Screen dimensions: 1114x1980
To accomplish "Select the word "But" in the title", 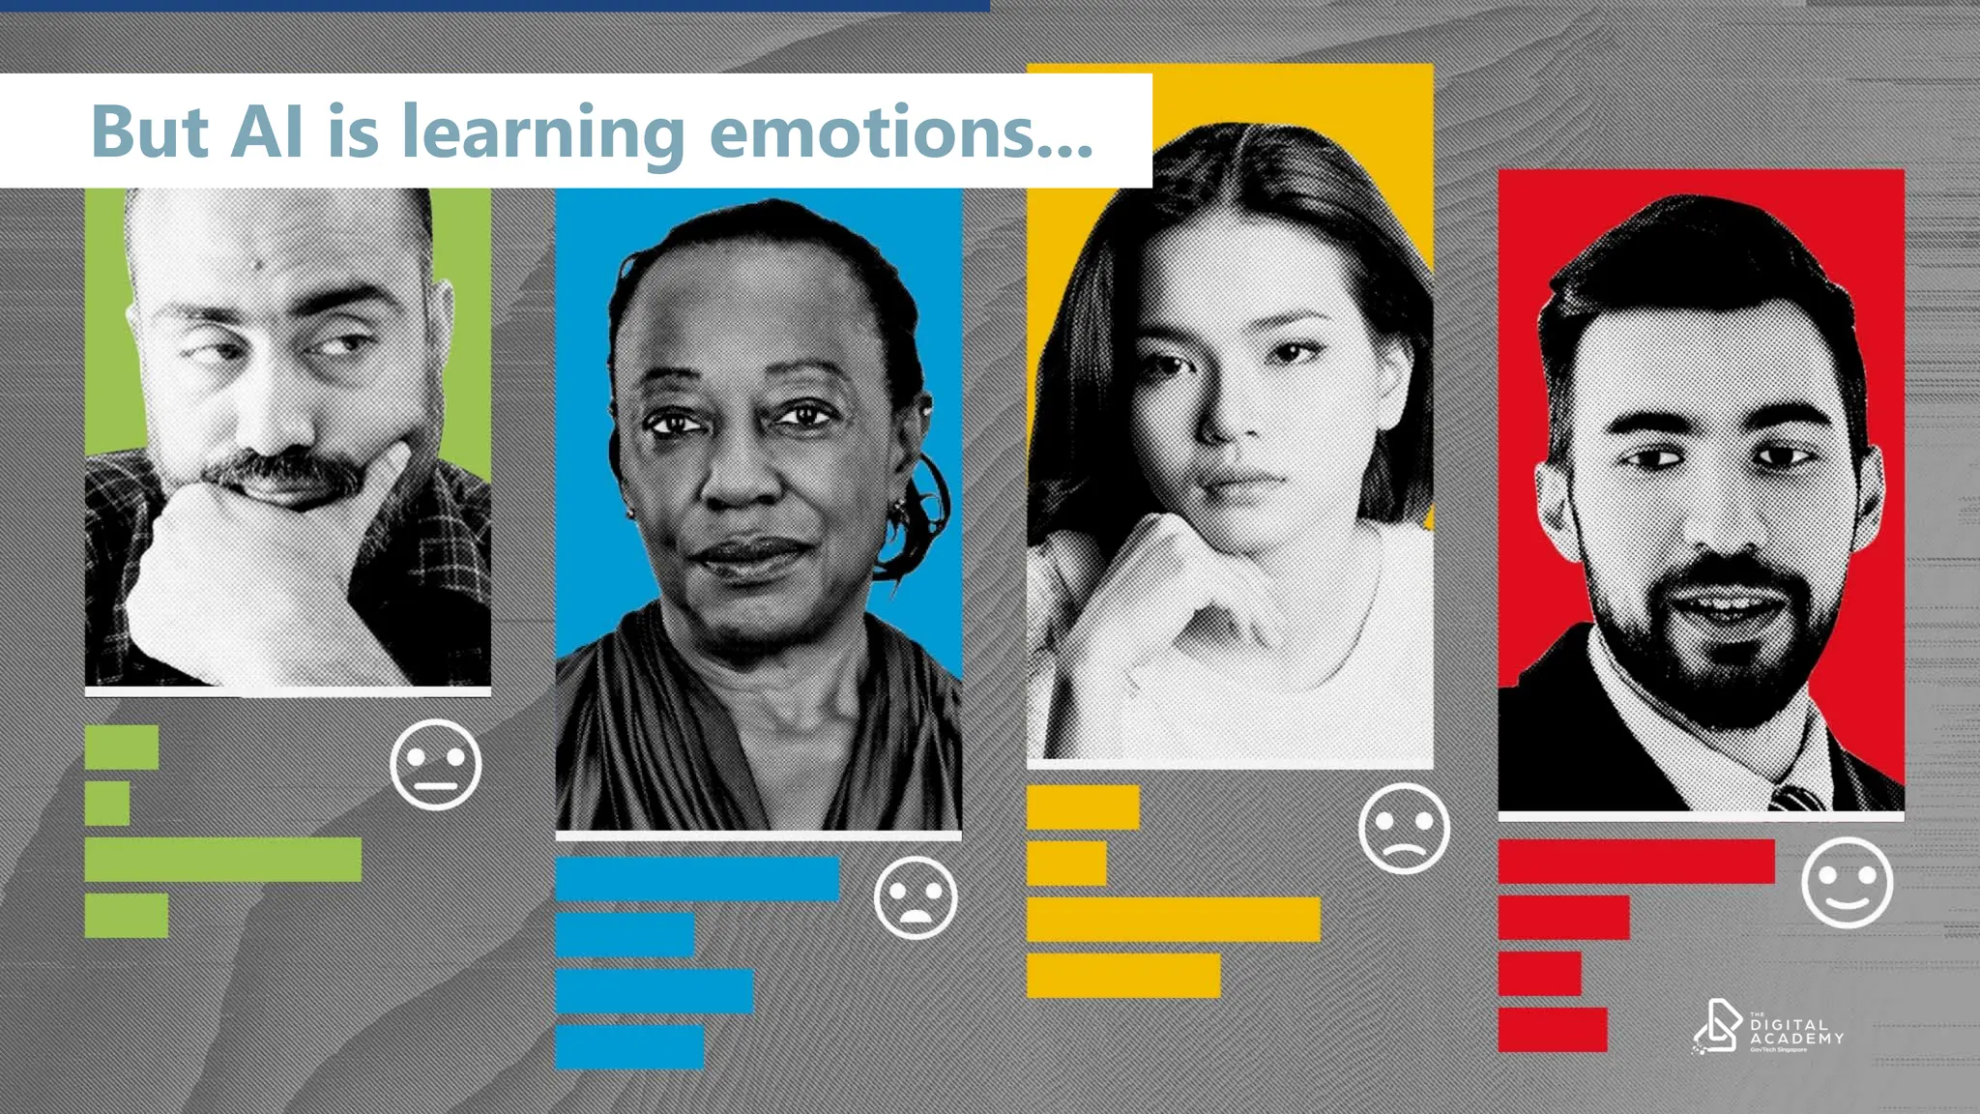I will click(x=149, y=132).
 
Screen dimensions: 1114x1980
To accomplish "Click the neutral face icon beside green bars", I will click(x=435, y=764).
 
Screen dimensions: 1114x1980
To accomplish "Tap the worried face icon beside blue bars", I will click(x=915, y=897).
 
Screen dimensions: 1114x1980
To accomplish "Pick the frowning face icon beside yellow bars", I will click(x=1403, y=830).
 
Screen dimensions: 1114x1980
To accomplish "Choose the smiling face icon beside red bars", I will click(x=1847, y=883).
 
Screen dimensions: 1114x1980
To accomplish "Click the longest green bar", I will click(x=222, y=860).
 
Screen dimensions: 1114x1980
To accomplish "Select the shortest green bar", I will click(x=107, y=804).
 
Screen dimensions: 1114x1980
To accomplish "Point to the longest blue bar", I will click(x=697, y=879).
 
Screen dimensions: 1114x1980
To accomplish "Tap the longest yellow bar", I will click(x=1173, y=920).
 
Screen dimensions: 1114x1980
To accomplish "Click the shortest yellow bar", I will click(x=1066, y=864).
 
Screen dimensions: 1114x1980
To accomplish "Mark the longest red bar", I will click(x=1636, y=862).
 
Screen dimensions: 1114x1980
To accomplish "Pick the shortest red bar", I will click(x=1539, y=974).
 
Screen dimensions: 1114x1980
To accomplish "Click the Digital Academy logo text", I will click(x=1795, y=1032).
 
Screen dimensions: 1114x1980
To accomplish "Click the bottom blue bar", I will click(x=629, y=1047).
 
